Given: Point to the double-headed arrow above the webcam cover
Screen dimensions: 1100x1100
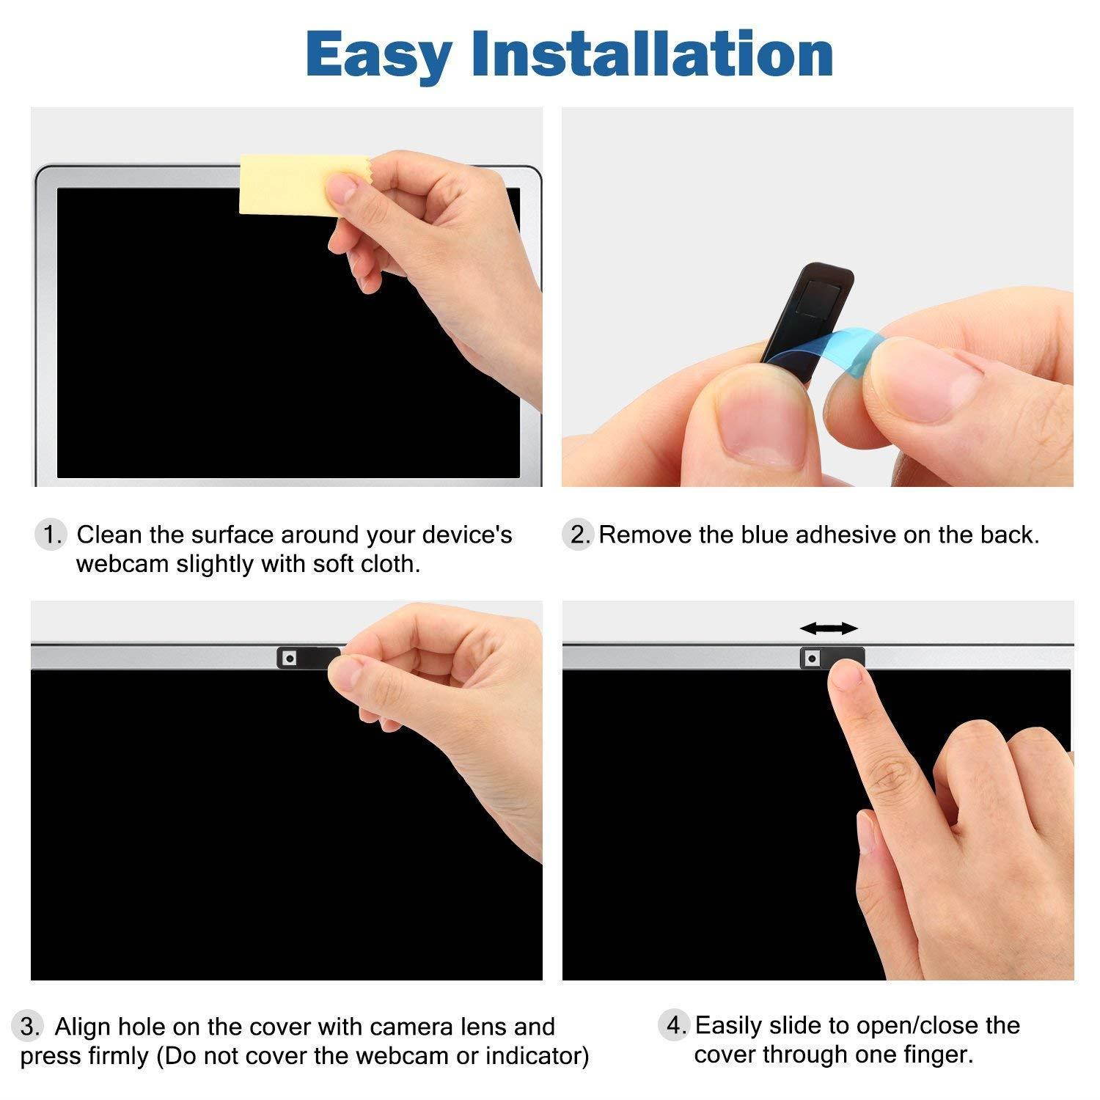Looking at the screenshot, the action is pyautogui.click(x=829, y=628).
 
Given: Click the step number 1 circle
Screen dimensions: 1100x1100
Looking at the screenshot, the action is pyautogui.click(x=51, y=535).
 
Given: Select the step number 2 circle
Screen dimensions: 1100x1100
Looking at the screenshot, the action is pyautogui.click(x=579, y=535).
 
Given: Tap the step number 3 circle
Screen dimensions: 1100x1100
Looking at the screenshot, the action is pyautogui.click(x=29, y=1026).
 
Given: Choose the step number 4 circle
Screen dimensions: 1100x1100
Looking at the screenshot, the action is pyautogui.click(x=673, y=1024).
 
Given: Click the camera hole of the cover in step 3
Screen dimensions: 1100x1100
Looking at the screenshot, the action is pyautogui.click(x=290, y=659).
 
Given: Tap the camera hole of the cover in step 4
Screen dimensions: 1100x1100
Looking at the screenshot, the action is pyautogui.click(x=811, y=659).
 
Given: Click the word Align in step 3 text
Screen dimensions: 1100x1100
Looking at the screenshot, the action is pyautogui.click(x=83, y=1027).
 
